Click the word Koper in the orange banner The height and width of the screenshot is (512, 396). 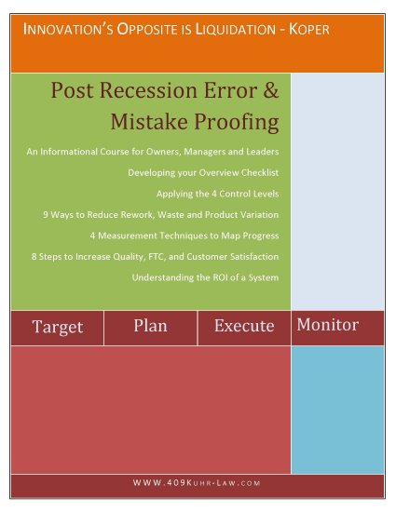[x=309, y=30]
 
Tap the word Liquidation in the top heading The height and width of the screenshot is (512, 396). [x=236, y=30]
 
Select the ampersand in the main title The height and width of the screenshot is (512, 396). [x=271, y=89]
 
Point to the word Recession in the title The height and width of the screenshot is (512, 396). [x=149, y=89]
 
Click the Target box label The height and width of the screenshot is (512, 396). [x=58, y=327]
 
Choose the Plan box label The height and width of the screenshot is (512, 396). [x=150, y=326]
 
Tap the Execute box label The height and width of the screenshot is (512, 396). [x=244, y=326]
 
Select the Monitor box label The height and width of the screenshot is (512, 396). [x=328, y=325]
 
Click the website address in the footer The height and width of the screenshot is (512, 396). [x=197, y=482]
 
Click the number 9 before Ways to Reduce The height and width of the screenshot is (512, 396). [x=46, y=214]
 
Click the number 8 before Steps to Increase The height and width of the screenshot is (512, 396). [x=34, y=256]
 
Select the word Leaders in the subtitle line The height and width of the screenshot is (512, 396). [x=263, y=152]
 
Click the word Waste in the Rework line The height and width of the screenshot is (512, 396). [x=168, y=214]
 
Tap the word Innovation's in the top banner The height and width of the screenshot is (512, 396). [x=68, y=30]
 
